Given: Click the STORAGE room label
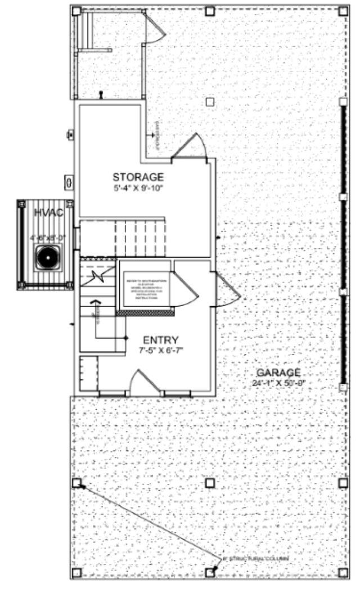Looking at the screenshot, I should click(x=138, y=177).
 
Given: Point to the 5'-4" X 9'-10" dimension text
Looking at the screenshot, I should click(x=138, y=188).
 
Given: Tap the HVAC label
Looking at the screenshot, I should click(x=47, y=212).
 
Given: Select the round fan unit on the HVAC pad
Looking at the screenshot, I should click(x=47, y=258).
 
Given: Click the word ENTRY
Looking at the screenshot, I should click(x=161, y=340).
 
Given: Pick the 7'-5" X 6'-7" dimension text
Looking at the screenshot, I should click(x=161, y=351).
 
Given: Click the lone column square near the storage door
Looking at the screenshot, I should click(x=210, y=102).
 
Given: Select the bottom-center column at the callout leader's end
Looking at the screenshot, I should click(x=210, y=572).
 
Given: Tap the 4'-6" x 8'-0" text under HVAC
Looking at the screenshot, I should click(x=48, y=238).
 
